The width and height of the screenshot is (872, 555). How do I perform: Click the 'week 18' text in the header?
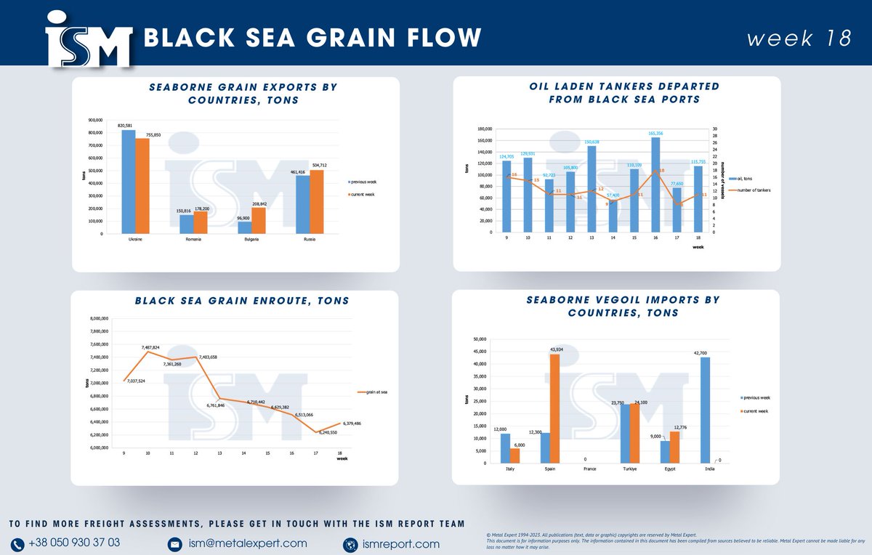[799, 39]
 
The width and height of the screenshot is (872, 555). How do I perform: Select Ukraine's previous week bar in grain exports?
[128, 182]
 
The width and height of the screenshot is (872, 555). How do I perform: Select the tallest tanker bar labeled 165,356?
[655, 185]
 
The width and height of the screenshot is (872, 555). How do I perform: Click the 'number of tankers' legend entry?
[752, 190]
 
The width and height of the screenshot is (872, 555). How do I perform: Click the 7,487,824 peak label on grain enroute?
[151, 347]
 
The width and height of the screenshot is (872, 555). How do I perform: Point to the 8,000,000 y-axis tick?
[100, 318]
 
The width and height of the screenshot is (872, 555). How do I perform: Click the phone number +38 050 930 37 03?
[74, 543]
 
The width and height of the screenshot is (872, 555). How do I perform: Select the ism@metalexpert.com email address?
[247, 543]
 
